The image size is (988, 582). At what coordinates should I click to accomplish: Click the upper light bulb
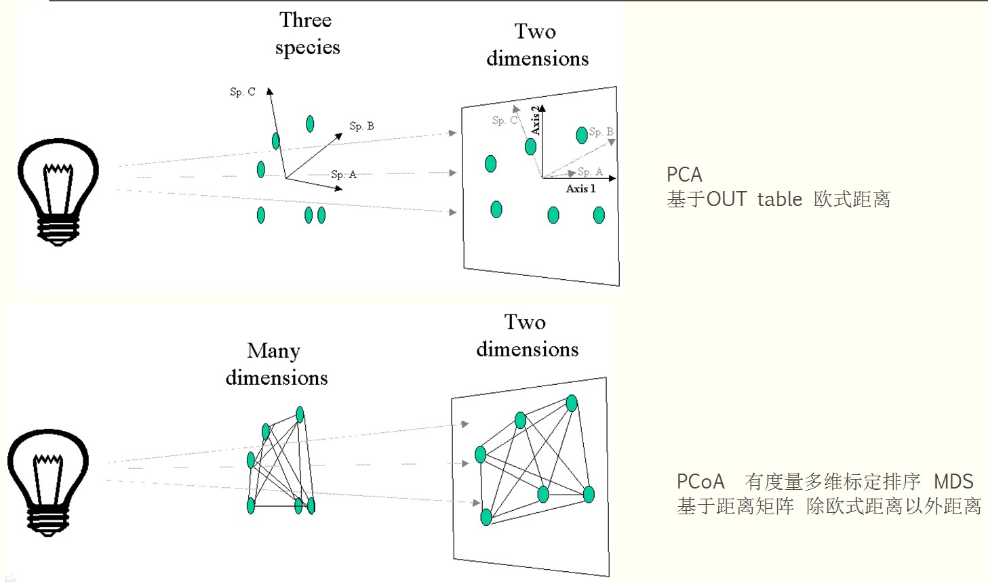pos(58,191)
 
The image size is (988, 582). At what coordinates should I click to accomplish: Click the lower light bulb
pos(47,481)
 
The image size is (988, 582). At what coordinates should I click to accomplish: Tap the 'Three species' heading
pos(307,34)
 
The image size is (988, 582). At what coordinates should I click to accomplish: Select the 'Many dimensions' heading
pos(276,364)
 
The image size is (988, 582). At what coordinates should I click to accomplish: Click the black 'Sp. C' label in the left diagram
pos(242,92)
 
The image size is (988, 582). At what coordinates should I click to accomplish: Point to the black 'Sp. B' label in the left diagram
pos(361,126)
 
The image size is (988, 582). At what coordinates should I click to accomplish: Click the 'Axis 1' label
pos(580,189)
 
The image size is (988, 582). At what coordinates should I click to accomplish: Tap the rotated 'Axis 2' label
pos(536,120)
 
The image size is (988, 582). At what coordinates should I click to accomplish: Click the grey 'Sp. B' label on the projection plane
pos(601,132)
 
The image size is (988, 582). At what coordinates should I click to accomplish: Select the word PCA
pos(684,175)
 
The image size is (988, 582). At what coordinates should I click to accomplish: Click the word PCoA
pos(700,482)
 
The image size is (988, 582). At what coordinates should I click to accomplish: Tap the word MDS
pos(953,482)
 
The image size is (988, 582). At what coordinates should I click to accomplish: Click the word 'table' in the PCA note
pos(779,199)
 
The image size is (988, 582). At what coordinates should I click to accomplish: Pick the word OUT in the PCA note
pos(726,199)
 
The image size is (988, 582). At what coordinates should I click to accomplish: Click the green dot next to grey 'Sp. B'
pos(581,136)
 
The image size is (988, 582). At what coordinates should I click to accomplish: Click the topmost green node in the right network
pos(572,404)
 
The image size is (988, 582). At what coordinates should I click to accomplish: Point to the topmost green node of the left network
pos(300,415)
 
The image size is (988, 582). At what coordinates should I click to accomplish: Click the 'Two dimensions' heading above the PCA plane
pos(537,45)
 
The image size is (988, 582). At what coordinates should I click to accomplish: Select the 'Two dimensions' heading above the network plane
pos(527,335)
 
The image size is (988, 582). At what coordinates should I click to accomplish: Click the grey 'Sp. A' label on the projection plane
pos(590,172)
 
